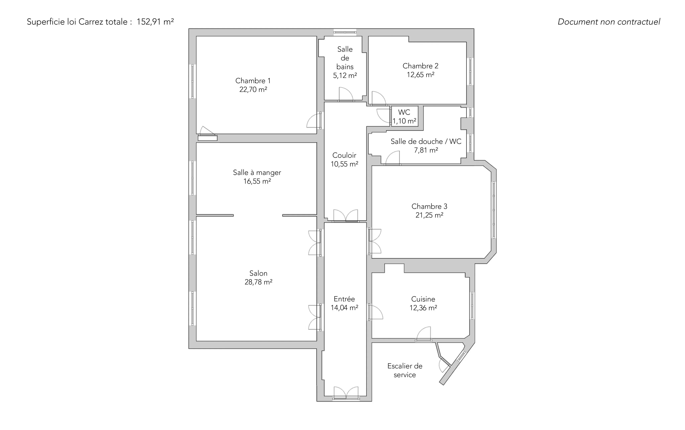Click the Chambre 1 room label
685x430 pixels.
[253, 81]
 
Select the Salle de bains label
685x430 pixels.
[345, 58]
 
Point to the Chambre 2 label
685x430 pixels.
[420, 66]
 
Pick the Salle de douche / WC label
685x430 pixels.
[426, 141]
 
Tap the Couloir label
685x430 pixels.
[344, 155]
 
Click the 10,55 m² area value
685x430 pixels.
[344, 164]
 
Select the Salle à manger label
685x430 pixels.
[257, 173]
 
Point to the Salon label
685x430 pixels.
[258, 273]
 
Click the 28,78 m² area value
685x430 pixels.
[258, 282]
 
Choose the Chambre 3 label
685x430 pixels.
[429, 206]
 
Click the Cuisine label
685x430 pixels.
[423, 299]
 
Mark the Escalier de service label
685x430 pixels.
[405, 370]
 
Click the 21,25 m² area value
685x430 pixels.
[429, 215]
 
